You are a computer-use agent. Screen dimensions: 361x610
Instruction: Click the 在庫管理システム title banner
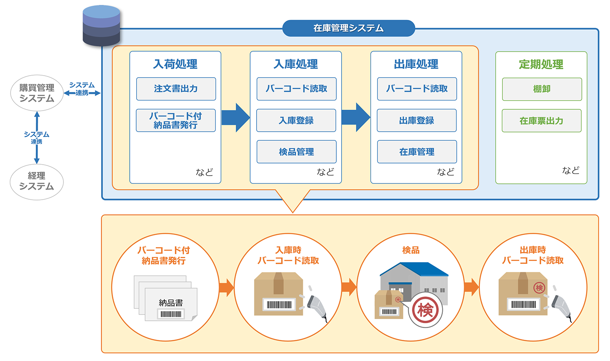(349, 28)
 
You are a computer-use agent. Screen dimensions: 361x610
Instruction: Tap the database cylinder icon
(101, 25)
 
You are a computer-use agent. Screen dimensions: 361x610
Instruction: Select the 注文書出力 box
(176, 89)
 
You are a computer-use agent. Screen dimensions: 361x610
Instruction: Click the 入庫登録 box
(296, 120)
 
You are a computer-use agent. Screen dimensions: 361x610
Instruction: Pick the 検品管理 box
(296, 152)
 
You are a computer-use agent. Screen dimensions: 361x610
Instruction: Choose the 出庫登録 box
(416, 120)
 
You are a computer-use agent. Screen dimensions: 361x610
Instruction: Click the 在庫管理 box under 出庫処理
(417, 152)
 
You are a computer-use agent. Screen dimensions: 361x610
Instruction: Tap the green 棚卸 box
(542, 89)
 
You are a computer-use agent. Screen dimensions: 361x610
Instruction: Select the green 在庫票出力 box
(541, 121)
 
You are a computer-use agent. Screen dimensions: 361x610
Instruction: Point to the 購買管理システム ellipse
(37, 93)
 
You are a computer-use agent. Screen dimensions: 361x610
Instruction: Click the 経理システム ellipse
(37, 182)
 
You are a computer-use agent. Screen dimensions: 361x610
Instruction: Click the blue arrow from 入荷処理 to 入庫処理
(235, 117)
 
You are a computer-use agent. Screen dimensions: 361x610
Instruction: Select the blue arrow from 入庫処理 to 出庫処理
(356, 117)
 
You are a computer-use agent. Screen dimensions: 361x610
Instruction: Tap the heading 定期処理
(541, 64)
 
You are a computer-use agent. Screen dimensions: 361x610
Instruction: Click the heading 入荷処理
(175, 64)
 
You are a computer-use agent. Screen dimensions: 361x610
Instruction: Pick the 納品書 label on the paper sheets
(171, 303)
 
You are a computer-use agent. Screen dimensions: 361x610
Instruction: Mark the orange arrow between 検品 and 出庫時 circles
(471, 287)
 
